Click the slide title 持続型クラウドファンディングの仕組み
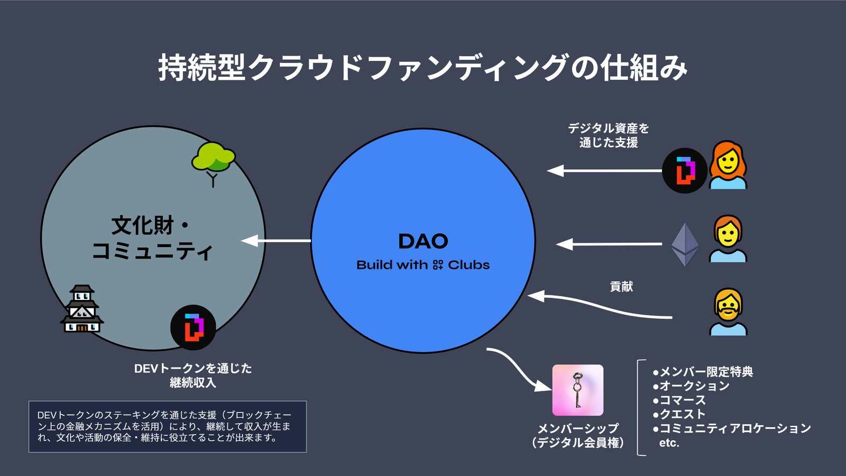423,68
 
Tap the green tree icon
213,159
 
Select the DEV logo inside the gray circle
193,327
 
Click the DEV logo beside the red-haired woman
685,170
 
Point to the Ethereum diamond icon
685,244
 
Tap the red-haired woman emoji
728,165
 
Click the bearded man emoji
728,312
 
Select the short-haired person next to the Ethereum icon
728,239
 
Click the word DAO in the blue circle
423,242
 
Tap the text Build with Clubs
423,265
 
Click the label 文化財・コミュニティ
152,238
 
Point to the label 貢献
621,287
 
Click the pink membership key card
577,390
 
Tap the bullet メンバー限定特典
703,372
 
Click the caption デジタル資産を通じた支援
609,135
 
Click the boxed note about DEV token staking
167,426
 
